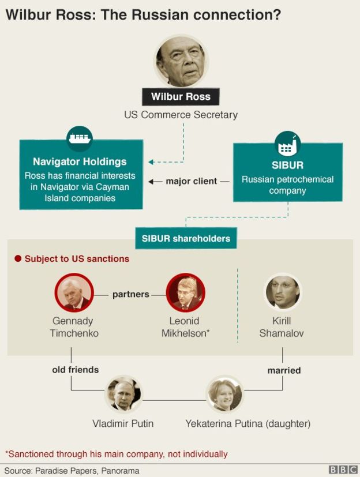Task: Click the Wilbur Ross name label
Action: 181,96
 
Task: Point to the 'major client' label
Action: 192,181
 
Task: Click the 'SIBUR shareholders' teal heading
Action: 186,238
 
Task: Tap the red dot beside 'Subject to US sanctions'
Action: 18,259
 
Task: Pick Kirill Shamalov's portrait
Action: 282,292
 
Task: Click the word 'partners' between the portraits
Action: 130,294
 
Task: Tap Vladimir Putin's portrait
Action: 123,395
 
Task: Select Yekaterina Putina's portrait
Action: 224,395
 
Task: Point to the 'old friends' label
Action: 76,369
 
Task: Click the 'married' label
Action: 284,370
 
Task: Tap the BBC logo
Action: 343,470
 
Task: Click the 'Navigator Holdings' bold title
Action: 80,161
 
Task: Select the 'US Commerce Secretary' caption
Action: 181,115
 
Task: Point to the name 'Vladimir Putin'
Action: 123,423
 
